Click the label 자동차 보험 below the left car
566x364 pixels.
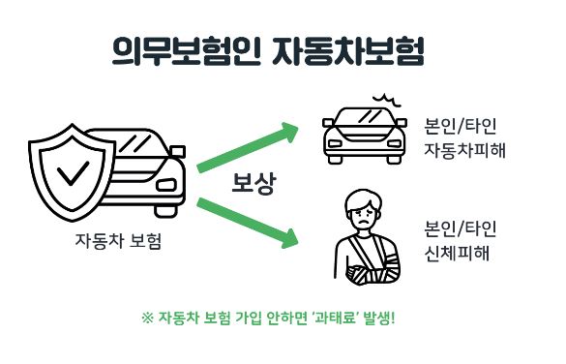click(x=117, y=240)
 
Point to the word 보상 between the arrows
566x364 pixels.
click(x=253, y=184)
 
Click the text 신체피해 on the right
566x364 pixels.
click(x=453, y=255)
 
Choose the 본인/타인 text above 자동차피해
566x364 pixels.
click(x=460, y=126)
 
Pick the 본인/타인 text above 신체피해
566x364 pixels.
click(x=460, y=229)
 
